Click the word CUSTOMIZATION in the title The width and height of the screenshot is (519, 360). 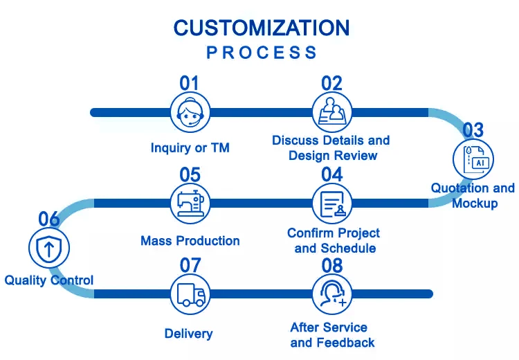pyautogui.click(x=262, y=28)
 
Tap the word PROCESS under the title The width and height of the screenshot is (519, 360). pyautogui.click(x=262, y=53)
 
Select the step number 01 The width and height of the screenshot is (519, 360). pyautogui.click(x=190, y=83)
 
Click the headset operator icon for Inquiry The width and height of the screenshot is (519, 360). pyautogui.click(x=190, y=112)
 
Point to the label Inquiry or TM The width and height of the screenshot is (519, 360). pyautogui.click(x=190, y=147)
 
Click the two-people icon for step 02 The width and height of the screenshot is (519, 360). pyautogui.click(x=332, y=112)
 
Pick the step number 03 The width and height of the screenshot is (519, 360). pyautogui.click(x=473, y=130)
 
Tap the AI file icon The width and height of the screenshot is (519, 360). pyautogui.click(x=473, y=159)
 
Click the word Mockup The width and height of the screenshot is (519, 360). pyautogui.click(x=475, y=203)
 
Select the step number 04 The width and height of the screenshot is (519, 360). pyautogui.click(x=332, y=174)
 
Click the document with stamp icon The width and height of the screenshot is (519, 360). pyautogui.click(x=332, y=204)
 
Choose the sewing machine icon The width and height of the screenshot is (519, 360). pyautogui.click(x=190, y=204)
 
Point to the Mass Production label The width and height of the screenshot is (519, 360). pyautogui.click(x=190, y=241)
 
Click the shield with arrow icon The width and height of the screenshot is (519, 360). pyautogui.click(x=49, y=248)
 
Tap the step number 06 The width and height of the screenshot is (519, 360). pyautogui.click(x=49, y=219)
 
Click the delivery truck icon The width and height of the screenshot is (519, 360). pyautogui.click(x=190, y=294)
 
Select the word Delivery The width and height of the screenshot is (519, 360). pyautogui.click(x=189, y=334)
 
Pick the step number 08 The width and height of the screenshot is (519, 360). pyautogui.click(x=332, y=266)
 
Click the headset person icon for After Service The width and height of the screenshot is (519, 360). pyautogui.click(x=332, y=294)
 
